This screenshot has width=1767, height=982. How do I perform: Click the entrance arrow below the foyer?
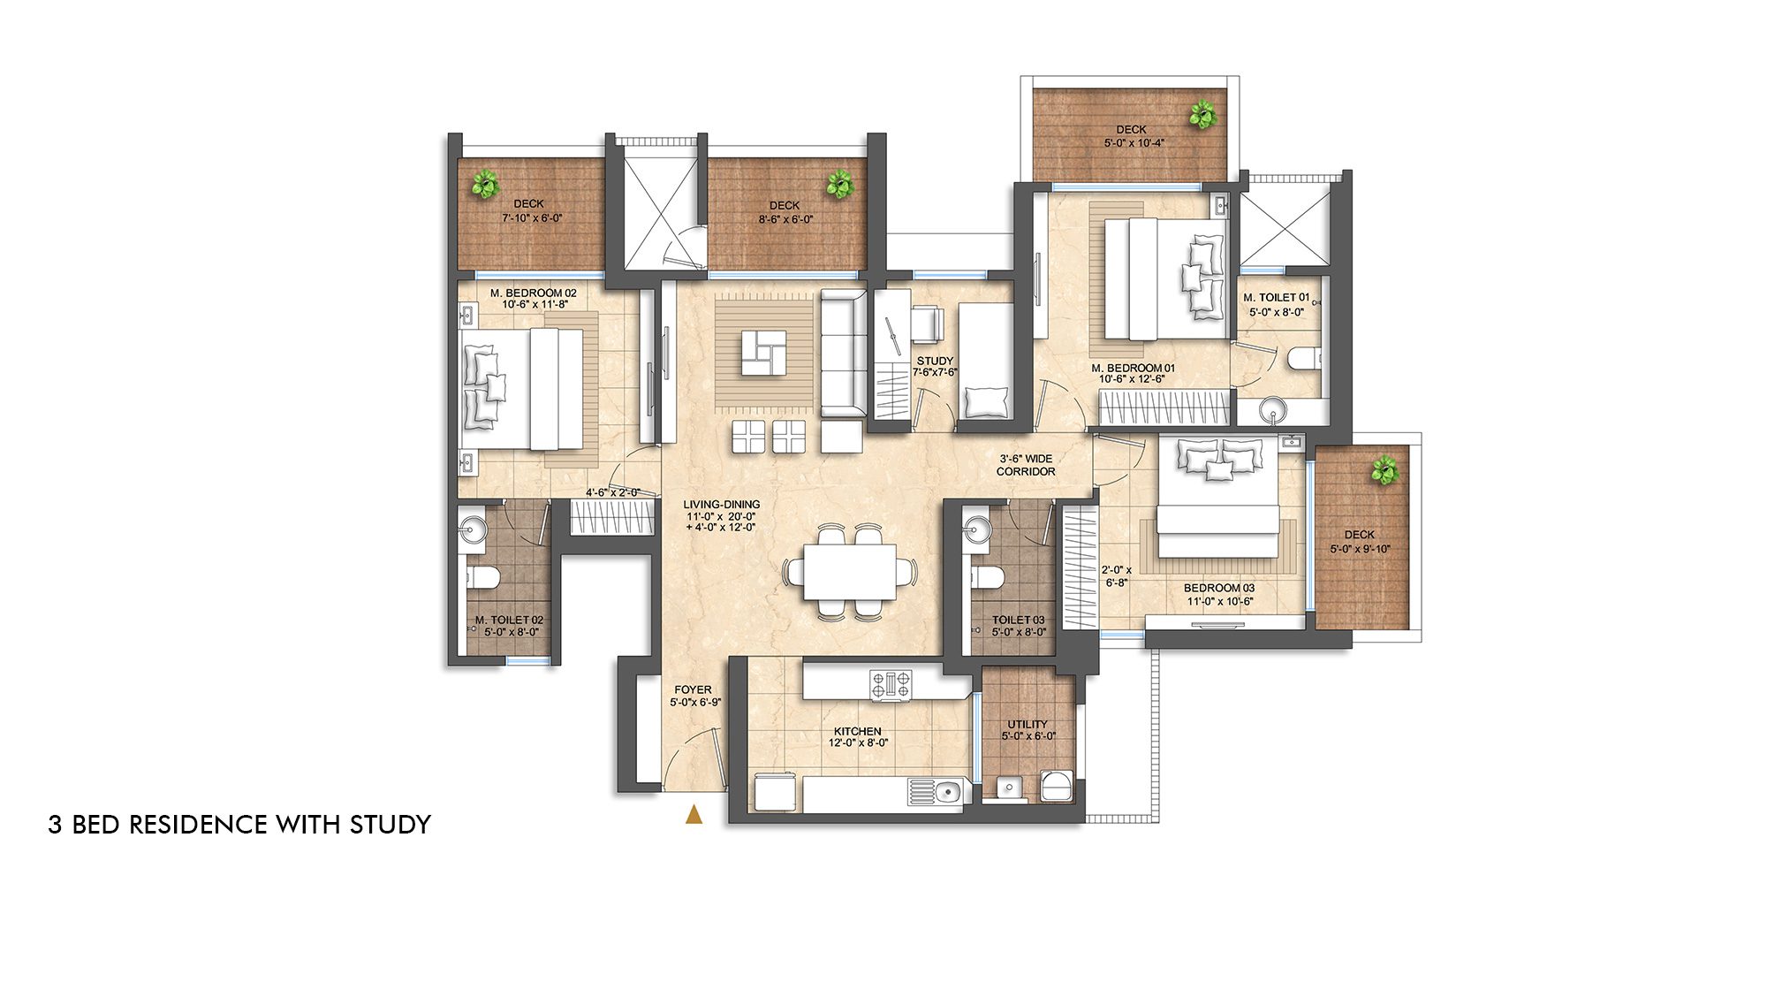pos(694,815)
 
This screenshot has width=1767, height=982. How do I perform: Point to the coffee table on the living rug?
pos(763,352)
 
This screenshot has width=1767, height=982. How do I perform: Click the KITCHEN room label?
pos(857,732)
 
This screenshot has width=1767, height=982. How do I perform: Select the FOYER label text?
pos(693,689)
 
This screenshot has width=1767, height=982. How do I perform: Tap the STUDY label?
pos(935,361)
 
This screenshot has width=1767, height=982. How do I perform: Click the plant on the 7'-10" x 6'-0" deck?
pos(485,185)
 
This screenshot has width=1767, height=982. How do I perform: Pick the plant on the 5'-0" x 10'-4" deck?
pos(1202,115)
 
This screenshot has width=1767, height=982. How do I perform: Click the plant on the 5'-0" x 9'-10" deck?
pos(1384,469)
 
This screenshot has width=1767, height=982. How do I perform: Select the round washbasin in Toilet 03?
pos(976,529)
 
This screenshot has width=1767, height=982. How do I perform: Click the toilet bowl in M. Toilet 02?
pos(483,578)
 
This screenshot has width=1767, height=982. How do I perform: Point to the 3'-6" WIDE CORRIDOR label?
pos(1026,465)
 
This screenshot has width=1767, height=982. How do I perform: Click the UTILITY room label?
pos(1028,724)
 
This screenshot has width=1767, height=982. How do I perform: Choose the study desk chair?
pos(927,323)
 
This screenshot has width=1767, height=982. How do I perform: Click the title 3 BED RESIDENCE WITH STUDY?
pos(239,824)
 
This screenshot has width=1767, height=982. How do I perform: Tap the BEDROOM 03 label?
pos(1219,588)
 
